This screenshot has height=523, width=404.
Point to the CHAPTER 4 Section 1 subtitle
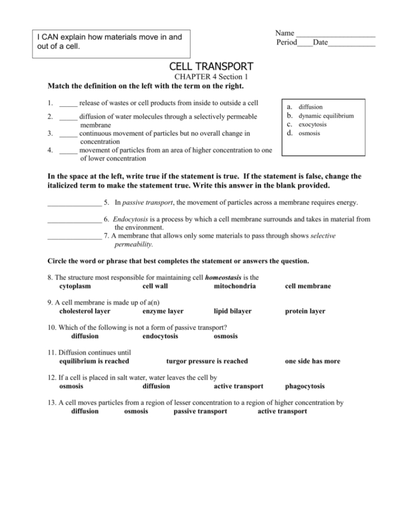tap(211, 78)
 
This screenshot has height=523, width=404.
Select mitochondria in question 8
tap(235, 286)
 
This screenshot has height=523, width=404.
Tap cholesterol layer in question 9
tap(85, 311)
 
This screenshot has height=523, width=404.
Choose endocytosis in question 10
tap(160, 336)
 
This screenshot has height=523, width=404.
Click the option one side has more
tap(312, 361)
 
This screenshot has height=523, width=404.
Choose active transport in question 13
tap(282, 411)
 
